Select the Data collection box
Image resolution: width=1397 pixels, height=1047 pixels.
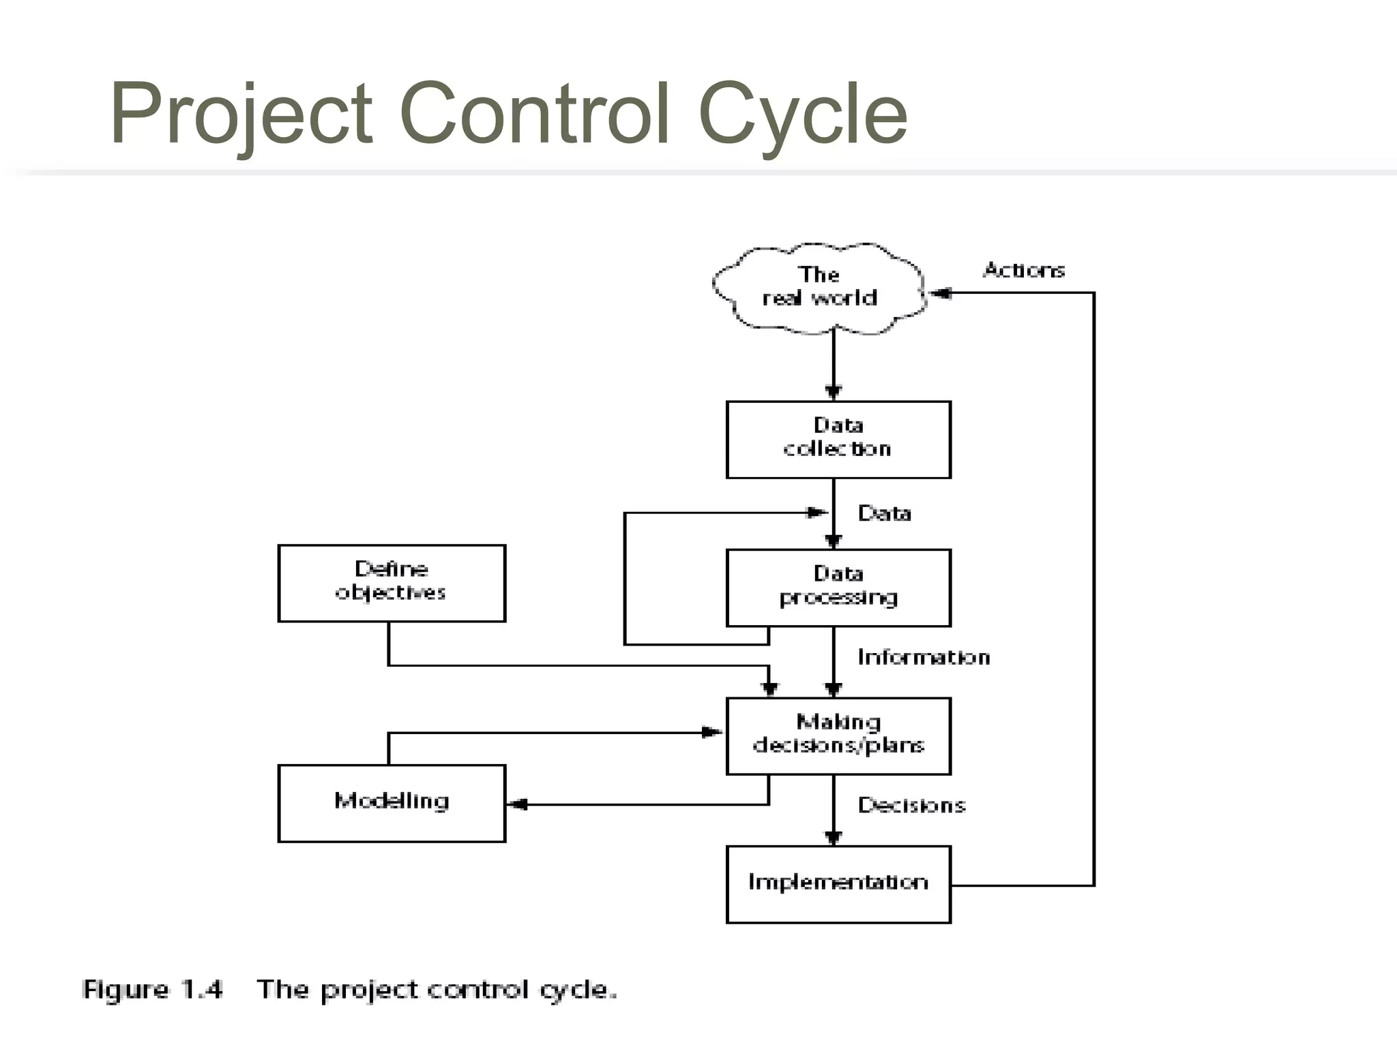pyautogui.click(x=838, y=439)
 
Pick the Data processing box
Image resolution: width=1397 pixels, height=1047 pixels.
pyautogui.click(x=838, y=588)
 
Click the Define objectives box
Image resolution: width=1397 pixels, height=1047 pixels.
pyautogui.click(x=392, y=583)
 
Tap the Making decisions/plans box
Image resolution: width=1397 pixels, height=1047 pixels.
pyautogui.click(x=838, y=735)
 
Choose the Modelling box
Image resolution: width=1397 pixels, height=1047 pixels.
pyautogui.click(x=392, y=803)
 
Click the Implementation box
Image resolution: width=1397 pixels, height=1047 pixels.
pyautogui.click(x=838, y=884)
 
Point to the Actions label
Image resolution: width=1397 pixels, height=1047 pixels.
pyautogui.click(x=1023, y=271)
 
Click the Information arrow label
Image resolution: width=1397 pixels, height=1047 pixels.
pyautogui.click(x=924, y=657)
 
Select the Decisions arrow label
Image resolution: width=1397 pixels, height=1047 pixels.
pyautogui.click(x=911, y=805)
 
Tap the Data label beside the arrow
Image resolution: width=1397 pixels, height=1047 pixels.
pyautogui.click(x=884, y=513)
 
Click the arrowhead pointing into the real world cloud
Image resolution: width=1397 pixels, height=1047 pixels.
pyautogui.click(x=940, y=293)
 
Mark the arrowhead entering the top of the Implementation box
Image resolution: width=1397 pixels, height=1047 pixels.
pyautogui.click(x=833, y=838)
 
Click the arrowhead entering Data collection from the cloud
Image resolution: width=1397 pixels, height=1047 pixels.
pyautogui.click(x=833, y=392)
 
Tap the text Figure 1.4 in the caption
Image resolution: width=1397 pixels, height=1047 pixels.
pyautogui.click(x=152, y=989)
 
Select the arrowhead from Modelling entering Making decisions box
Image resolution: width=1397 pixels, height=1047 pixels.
pyautogui.click(x=712, y=733)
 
